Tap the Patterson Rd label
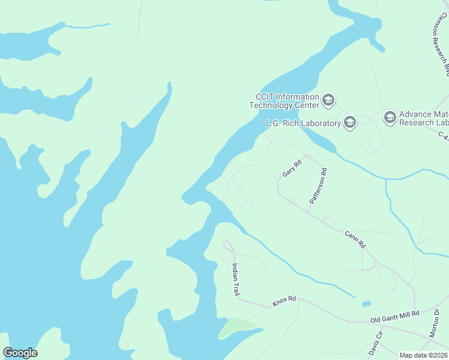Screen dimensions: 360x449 tap(317, 187)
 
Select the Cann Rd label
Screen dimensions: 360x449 tap(355, 239)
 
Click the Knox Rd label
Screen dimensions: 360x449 tap(285, 301)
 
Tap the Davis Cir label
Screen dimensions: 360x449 tap(376, 344)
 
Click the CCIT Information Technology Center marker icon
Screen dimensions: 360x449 tap(328, 100)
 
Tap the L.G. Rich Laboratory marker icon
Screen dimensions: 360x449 tap(350, 123)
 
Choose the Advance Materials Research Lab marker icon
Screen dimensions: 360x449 tap(390, 117)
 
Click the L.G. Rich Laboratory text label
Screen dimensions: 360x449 tap(303, 124)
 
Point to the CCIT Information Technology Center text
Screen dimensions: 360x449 tap(285, 101)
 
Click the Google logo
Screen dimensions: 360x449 tap(20, 353)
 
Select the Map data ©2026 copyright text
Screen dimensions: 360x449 tap(424, 355)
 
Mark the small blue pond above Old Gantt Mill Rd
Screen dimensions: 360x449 tap(366, 304)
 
